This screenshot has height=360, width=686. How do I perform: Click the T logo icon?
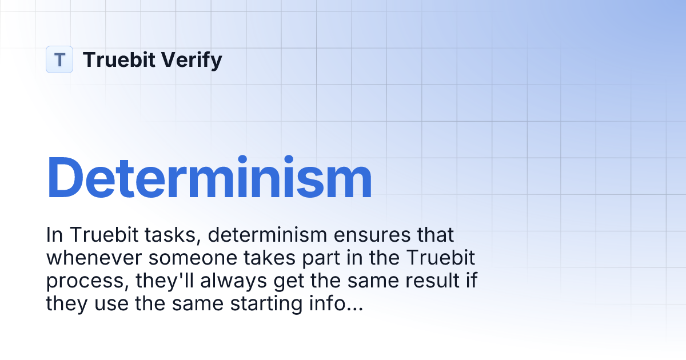click(x=59, y=59)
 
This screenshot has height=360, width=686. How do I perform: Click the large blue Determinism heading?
click(x=209, y=178)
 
